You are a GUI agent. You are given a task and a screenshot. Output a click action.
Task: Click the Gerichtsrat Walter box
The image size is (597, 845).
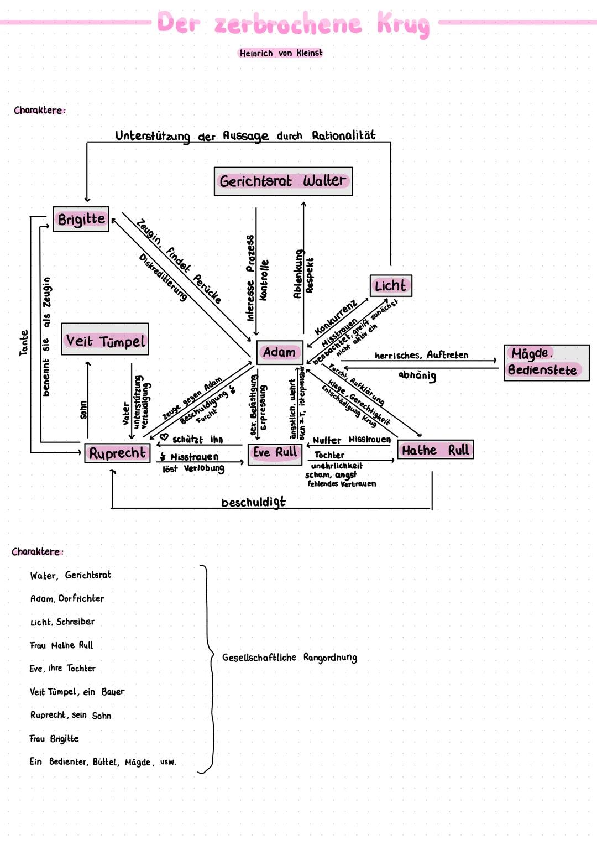point(283,181)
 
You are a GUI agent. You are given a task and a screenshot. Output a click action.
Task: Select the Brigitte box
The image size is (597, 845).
point(81,219)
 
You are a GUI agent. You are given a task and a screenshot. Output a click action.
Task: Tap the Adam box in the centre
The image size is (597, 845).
point(280,352)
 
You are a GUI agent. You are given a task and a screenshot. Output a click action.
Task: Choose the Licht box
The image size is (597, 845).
point(391,286)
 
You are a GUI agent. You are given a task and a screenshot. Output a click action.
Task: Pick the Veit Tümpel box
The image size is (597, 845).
point(105,340)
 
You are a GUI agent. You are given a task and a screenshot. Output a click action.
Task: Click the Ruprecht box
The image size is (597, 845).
point(117,453)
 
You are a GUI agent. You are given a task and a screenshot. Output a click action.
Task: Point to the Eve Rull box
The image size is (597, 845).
point(275,453)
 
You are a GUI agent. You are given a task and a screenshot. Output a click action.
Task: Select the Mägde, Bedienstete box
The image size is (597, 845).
point(546,362)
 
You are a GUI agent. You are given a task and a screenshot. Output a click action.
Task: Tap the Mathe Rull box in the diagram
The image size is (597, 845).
point(436,450)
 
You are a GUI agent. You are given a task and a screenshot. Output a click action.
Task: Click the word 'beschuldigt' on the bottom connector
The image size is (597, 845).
point(253,502)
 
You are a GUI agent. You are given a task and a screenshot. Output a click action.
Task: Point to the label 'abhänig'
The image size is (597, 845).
point(417,375)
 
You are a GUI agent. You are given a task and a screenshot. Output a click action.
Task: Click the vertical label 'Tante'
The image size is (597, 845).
point(24,343)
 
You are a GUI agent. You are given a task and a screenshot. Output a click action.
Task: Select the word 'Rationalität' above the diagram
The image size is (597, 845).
point(343,135)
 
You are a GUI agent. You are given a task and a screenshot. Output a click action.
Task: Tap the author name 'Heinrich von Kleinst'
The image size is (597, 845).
point(281,53)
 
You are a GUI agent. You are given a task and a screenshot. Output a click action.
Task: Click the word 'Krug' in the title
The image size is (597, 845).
point(404,24)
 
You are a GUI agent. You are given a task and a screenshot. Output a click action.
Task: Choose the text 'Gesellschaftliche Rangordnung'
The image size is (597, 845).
point(290,658)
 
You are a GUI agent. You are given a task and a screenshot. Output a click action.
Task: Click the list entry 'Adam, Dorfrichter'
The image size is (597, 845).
point(67,598)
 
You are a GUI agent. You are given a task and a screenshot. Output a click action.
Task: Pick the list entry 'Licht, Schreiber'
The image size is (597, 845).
point(62,622)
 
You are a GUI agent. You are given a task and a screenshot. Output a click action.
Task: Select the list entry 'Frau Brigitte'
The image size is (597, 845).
point(54,739)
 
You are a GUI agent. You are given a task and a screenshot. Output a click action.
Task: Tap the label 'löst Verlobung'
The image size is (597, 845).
point(193,469)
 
